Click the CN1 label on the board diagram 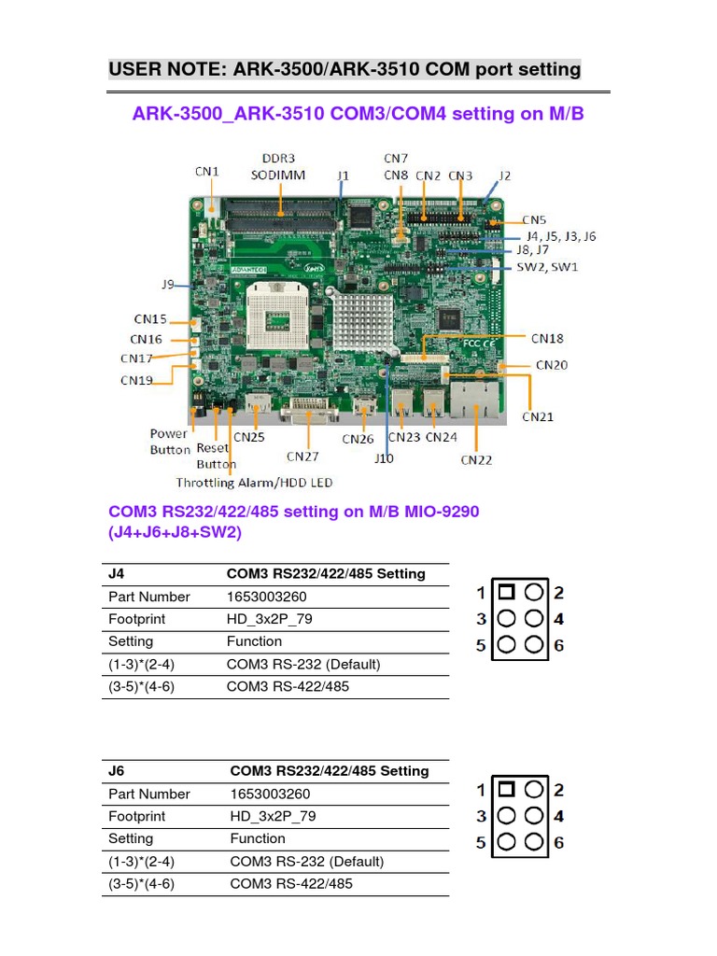pyautogui.click(x=206, y=171)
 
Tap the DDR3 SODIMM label pyautogui.click(x=278, y=167)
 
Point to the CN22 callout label pyautogui.click(x=476, y=459)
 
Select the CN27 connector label pyautogui.click(x=302, y=457)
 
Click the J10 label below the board pyautogui.click(x=384, y=458)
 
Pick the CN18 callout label pyautogui.click(x=547, y=338)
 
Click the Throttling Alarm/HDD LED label pyautogui.click(x=254, y=483)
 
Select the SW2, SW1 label pyautogui.click(x=547, y=267)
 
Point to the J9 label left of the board pyautogui.click(x=168, y=284)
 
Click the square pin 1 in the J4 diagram pyautogui.click(x=506, y=592)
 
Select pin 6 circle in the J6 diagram pyautogui.click(x=534, y=842)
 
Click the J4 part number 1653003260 pyautogui.click(x=266, y=597)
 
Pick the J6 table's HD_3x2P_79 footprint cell pyautogui.click(x=273, y=816)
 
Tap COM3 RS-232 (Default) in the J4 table pyautogui.click(x=303, y=665)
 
